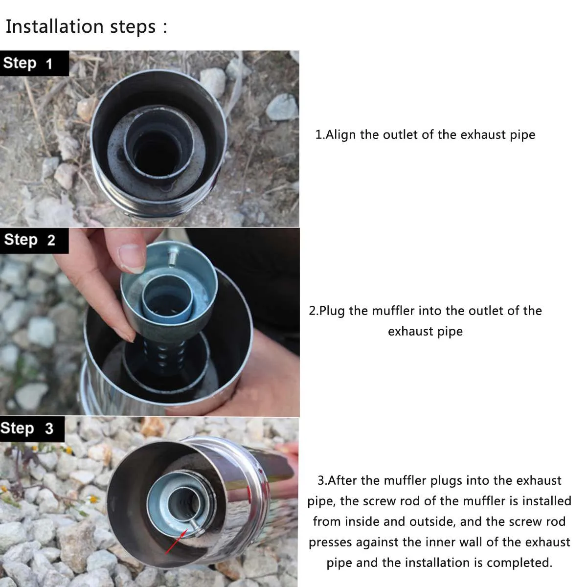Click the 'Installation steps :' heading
click(x=86, y=26)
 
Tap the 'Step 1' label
click(x=27, y=63)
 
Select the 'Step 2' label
click(x=29, y=240)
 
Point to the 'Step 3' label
click(x=27, y=429)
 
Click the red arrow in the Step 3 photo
click(x=174, y=543)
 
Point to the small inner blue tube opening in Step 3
click(x=184, y=501)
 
